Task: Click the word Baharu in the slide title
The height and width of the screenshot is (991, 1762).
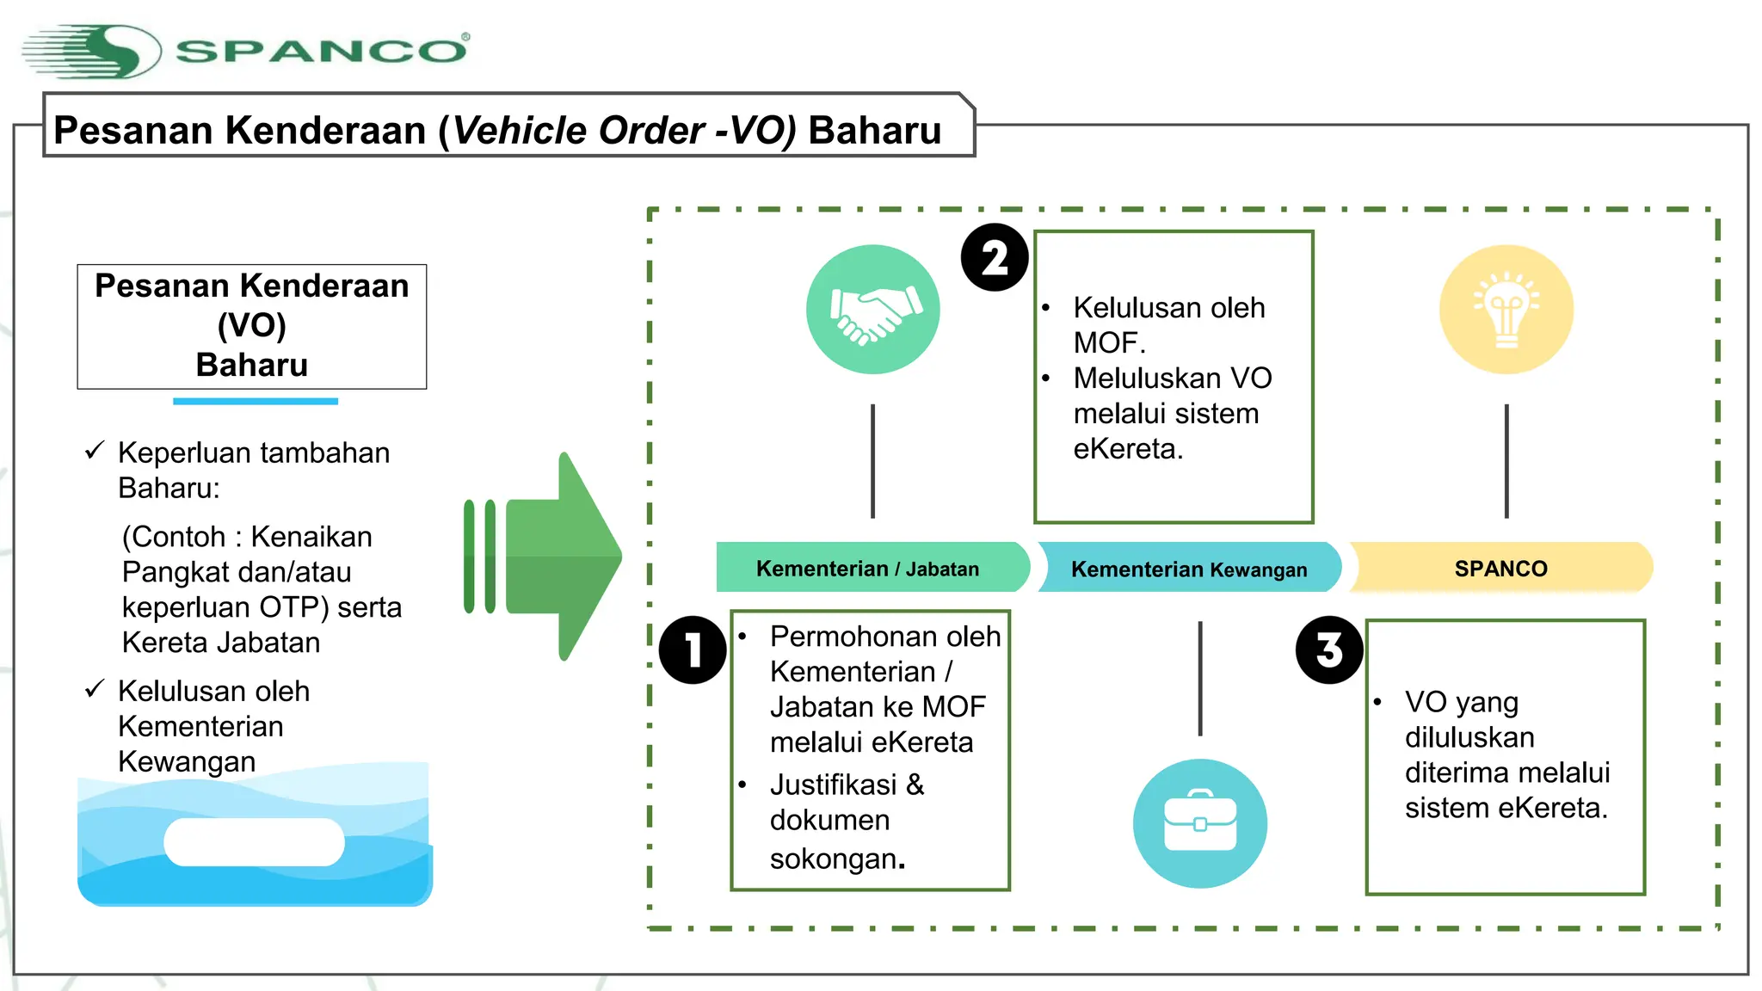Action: point(874,131)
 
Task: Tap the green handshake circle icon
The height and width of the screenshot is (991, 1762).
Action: point(872,310)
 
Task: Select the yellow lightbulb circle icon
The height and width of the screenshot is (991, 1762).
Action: point(1506,310)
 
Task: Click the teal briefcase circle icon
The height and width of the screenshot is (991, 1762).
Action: point(1199,823)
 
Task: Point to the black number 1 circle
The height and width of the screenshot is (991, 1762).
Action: point(693,650)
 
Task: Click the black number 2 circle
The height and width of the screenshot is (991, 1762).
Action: point(995,258)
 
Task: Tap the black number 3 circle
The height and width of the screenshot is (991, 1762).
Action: point(1329,650)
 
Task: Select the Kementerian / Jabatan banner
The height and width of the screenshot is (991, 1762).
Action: point(869,569)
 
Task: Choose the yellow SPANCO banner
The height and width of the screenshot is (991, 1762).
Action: point(1500,569)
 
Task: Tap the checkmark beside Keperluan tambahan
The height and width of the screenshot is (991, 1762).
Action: point(95,451)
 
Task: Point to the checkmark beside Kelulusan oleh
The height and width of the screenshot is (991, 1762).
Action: point(95,689)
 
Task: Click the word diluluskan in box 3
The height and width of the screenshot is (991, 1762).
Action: point(1469,737)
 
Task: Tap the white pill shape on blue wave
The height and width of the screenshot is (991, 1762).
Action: point(254,841)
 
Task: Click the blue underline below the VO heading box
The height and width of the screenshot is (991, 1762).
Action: point(255,401)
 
